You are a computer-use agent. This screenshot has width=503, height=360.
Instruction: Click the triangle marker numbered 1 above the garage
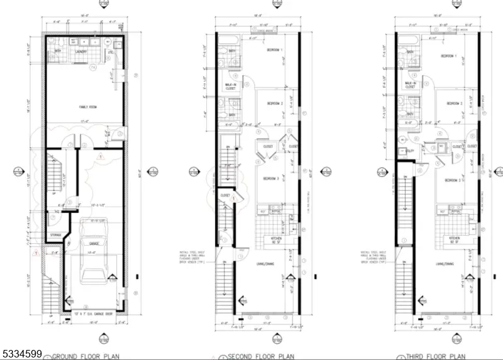(x=100, y=161)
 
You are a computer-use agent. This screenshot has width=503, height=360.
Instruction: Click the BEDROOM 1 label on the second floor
(x=275, y=50)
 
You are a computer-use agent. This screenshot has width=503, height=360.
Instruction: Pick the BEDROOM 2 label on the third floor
(x=453, y=104)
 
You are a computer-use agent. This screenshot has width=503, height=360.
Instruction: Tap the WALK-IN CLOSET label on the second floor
(x=231, y=86)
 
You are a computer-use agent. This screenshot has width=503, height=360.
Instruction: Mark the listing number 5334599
(x=21, y=354)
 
